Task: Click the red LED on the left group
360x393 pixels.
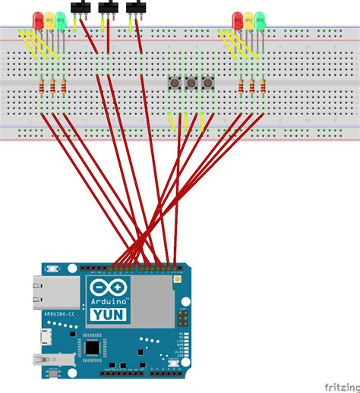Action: pos(38,18)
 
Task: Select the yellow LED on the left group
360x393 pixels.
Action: pos(49,18)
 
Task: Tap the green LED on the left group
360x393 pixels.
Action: pos(61,18)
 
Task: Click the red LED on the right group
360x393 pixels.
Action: pos(238,18)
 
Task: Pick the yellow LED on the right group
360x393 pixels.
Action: pos(249,18)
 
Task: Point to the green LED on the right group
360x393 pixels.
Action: pos(261,18)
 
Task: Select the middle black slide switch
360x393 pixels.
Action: pos(109,8)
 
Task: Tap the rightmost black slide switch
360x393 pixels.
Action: pos(137,8)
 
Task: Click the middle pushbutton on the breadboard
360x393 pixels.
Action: pos(191,81)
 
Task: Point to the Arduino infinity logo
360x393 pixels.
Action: pos(109,287)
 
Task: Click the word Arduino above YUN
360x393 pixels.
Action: pos(109,300)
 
